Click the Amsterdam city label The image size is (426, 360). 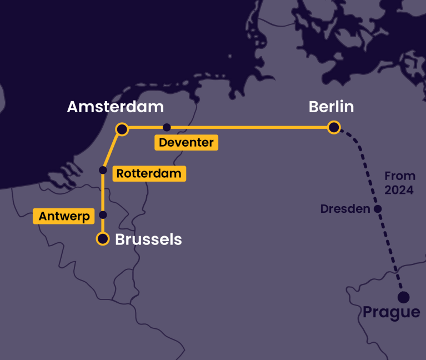coord(115,107)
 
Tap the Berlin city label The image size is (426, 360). coord(331,107)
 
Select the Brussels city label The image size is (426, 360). coord(148,239)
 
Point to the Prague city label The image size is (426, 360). coord(392,312)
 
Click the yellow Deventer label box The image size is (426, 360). coord(186,143)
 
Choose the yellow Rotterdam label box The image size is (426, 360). coord(149,173)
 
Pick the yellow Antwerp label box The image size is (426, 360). coord(64,216)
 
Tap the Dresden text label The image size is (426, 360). coord(345,209)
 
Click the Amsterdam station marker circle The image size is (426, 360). coord(122,129)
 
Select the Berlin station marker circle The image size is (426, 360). coord(334,128)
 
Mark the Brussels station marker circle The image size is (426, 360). coord(103,239)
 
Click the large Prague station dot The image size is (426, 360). coord(403,297)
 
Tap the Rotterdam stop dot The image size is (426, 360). coord(103,170)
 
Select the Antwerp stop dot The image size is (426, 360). coord(103,215)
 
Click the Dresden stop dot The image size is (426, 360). coord(378,209)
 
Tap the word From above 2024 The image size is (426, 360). coord(400,176)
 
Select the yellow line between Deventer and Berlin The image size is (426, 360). coord(250,127)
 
